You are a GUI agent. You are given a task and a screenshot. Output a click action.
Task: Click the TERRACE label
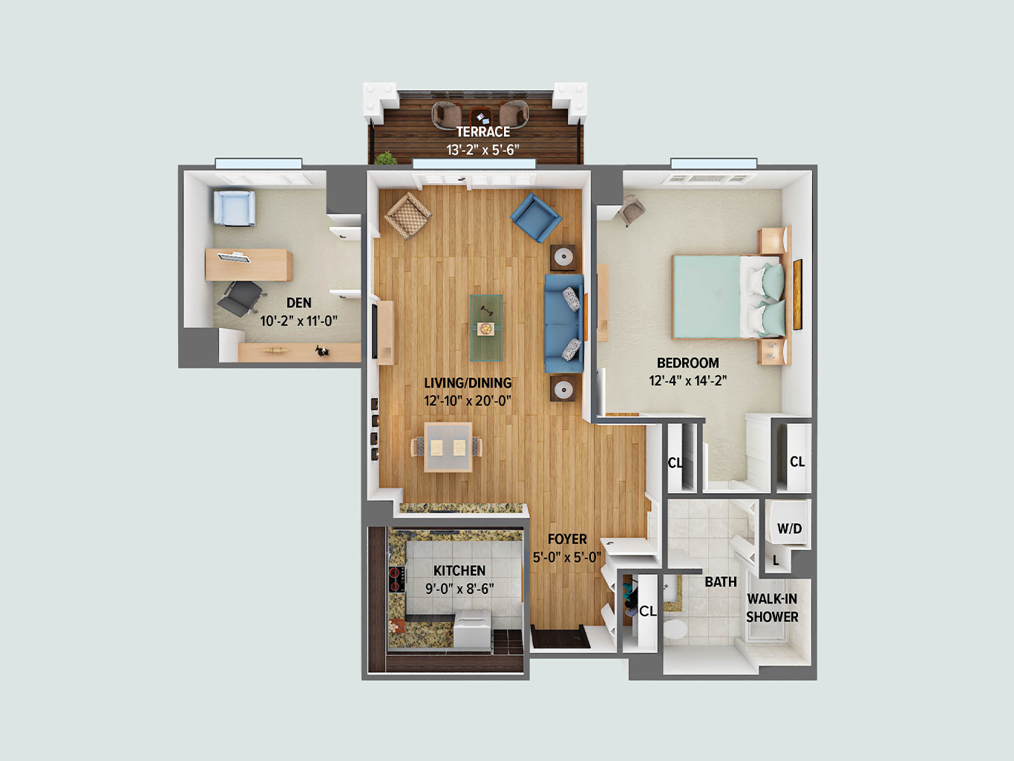(x=483, y=131)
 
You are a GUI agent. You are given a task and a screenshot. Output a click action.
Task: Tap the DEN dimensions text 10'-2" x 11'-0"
(x=299, y=321)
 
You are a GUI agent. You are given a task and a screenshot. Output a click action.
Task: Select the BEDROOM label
(x=688, y=363)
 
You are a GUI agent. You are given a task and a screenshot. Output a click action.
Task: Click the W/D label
(x=789, y=528)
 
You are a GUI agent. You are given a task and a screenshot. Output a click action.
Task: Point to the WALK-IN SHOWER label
(x=772, y=607)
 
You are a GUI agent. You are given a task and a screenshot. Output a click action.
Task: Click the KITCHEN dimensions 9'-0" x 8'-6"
(x=459, y=589)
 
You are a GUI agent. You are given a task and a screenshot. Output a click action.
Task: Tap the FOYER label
(x=567, y=539)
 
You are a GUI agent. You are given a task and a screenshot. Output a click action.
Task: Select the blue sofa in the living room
(x=564, y=324)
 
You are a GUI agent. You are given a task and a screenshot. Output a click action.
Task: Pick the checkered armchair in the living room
(x=408, y=215)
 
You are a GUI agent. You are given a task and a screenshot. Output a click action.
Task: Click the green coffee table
(x=486, y=327)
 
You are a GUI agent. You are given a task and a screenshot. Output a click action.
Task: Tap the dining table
(x=448, y=447)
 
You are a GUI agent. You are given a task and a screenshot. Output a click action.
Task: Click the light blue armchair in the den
(x=235, y=209)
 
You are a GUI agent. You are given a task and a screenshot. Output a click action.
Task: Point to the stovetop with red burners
(x=396, y=579)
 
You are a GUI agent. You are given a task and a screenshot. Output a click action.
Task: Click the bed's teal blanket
(x=706, y=297)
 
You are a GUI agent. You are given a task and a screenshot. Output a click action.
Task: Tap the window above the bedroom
(x=713, y=163)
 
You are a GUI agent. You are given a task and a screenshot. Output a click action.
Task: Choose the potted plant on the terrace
(x=386, y=158)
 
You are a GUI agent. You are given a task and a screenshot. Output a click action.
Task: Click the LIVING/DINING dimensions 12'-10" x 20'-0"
(x=468, y=401)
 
